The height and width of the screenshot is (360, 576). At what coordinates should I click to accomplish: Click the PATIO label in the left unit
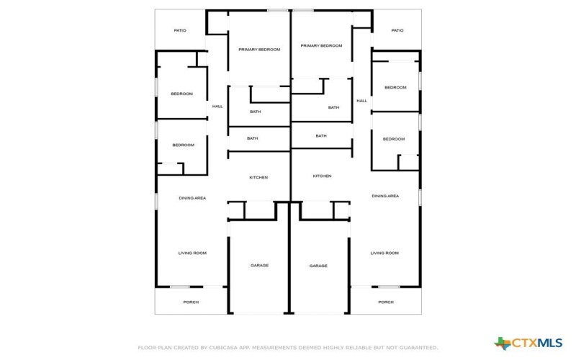(x=180, y=30)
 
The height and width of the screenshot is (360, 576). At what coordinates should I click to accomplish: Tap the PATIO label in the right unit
(x=397, y=30)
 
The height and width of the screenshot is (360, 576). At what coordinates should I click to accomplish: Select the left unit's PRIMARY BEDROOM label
(x=259, y=50)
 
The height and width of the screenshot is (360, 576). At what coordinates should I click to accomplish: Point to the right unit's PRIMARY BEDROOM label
(x=321, y=46)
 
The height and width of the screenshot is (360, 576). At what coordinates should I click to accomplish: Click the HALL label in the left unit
(x=217, y=107)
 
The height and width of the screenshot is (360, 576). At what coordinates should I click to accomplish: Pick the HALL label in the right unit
(x=362, y=101)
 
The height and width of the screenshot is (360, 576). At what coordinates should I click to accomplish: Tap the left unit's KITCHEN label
(x=258, y=177)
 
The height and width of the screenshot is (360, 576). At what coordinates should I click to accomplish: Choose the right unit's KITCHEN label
(x=322, y=176)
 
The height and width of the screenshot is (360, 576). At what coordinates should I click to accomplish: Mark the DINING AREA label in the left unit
(x=192, y=198)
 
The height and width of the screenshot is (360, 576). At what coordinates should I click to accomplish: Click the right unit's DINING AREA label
(x=385, y=196)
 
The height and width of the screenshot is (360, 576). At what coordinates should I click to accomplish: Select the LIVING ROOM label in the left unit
(x=192, y=253)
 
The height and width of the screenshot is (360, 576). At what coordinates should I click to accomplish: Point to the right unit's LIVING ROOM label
(x=384, y=253)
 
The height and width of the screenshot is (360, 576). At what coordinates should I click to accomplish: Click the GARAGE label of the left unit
(x=260, y=265)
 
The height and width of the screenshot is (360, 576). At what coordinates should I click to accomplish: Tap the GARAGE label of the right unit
(x=318, y=266)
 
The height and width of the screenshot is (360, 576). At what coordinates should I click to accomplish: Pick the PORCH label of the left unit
(x=191, y=302)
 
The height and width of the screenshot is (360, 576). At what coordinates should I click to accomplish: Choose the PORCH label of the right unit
(x=386, y=302)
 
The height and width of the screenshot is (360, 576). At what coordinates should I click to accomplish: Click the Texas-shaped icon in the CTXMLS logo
(x=502, y=343)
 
